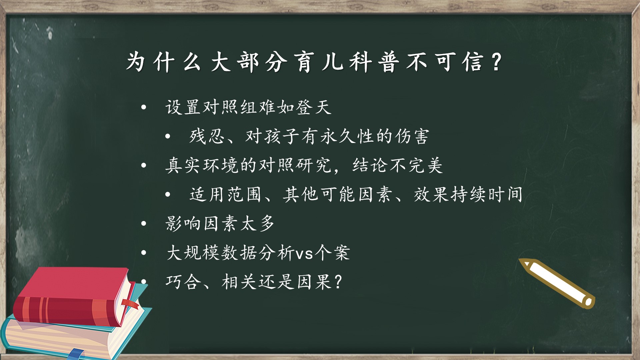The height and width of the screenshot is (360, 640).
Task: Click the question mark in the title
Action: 497,62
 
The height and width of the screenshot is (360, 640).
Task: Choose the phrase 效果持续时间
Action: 468,194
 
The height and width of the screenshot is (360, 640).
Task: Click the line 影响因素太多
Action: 220,223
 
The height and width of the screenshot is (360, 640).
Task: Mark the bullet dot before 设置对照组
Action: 144,107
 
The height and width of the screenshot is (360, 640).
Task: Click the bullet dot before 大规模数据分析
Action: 144,252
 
